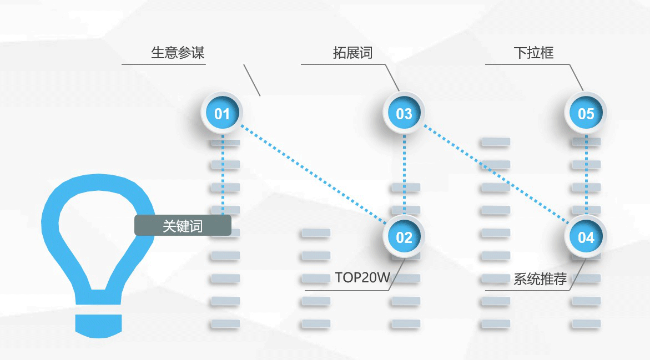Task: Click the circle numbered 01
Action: pyautogui.click(x=222, y=114)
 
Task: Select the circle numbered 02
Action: pyautogui.click(x=404, y=237)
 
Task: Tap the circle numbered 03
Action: pyautogui.click(x=404, y=114)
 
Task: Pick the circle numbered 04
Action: pyautogui.click(x=586, y=237)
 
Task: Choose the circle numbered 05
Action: pyautogui.click(x=586, y=114)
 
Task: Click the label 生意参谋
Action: pyautogui.click(x=178, y=53)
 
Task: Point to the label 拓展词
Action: pyautogui.click(x=352, y=53)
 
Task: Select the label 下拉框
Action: pyautogui.click(x=533, y=53)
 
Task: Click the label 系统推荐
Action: pyautogui.click(x=540, y=279)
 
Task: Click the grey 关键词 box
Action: pyautogui.click(x=183, y=226)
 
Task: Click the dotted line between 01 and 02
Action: pyautogui.click(x=313, y=175)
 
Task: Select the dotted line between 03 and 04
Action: pyautogui.click(x=495, y=175)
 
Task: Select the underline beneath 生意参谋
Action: pyautogui.click(x=164, y=64)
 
